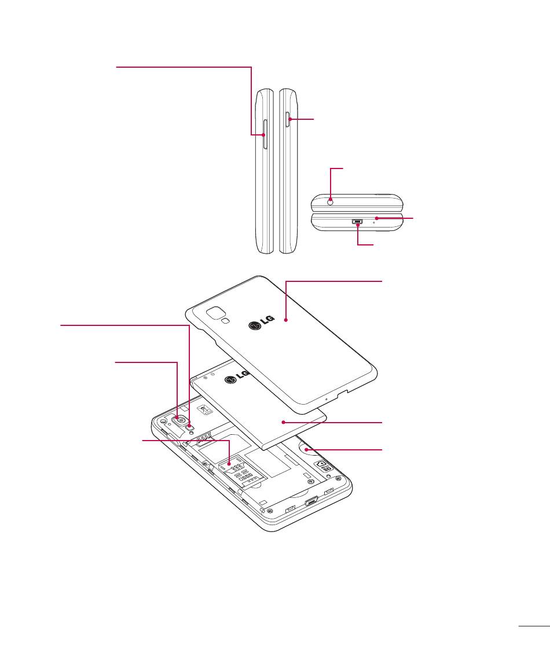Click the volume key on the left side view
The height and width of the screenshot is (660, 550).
click(265, 134)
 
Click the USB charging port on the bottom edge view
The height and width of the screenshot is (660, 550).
click(358, 221)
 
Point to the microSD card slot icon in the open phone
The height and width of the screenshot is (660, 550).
click(323, 466)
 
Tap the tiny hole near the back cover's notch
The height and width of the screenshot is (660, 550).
click(325, 398)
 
